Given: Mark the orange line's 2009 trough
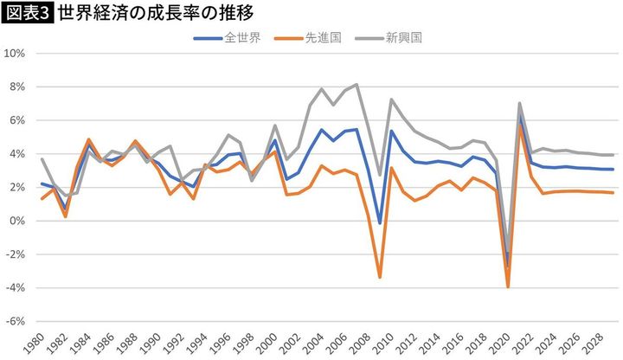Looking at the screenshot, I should click(x=380, y=277).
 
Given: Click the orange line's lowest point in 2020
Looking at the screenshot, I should click(x=508, y=286).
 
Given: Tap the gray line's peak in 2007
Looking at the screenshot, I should click(x=356, y=85).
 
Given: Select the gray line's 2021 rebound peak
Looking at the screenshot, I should click(x=519, y=103).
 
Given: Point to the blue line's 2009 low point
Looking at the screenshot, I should click(x=380, y=223).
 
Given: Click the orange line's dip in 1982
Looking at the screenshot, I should click(x=65, y=216).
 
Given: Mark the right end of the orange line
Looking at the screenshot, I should click(x=613, y=192).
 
